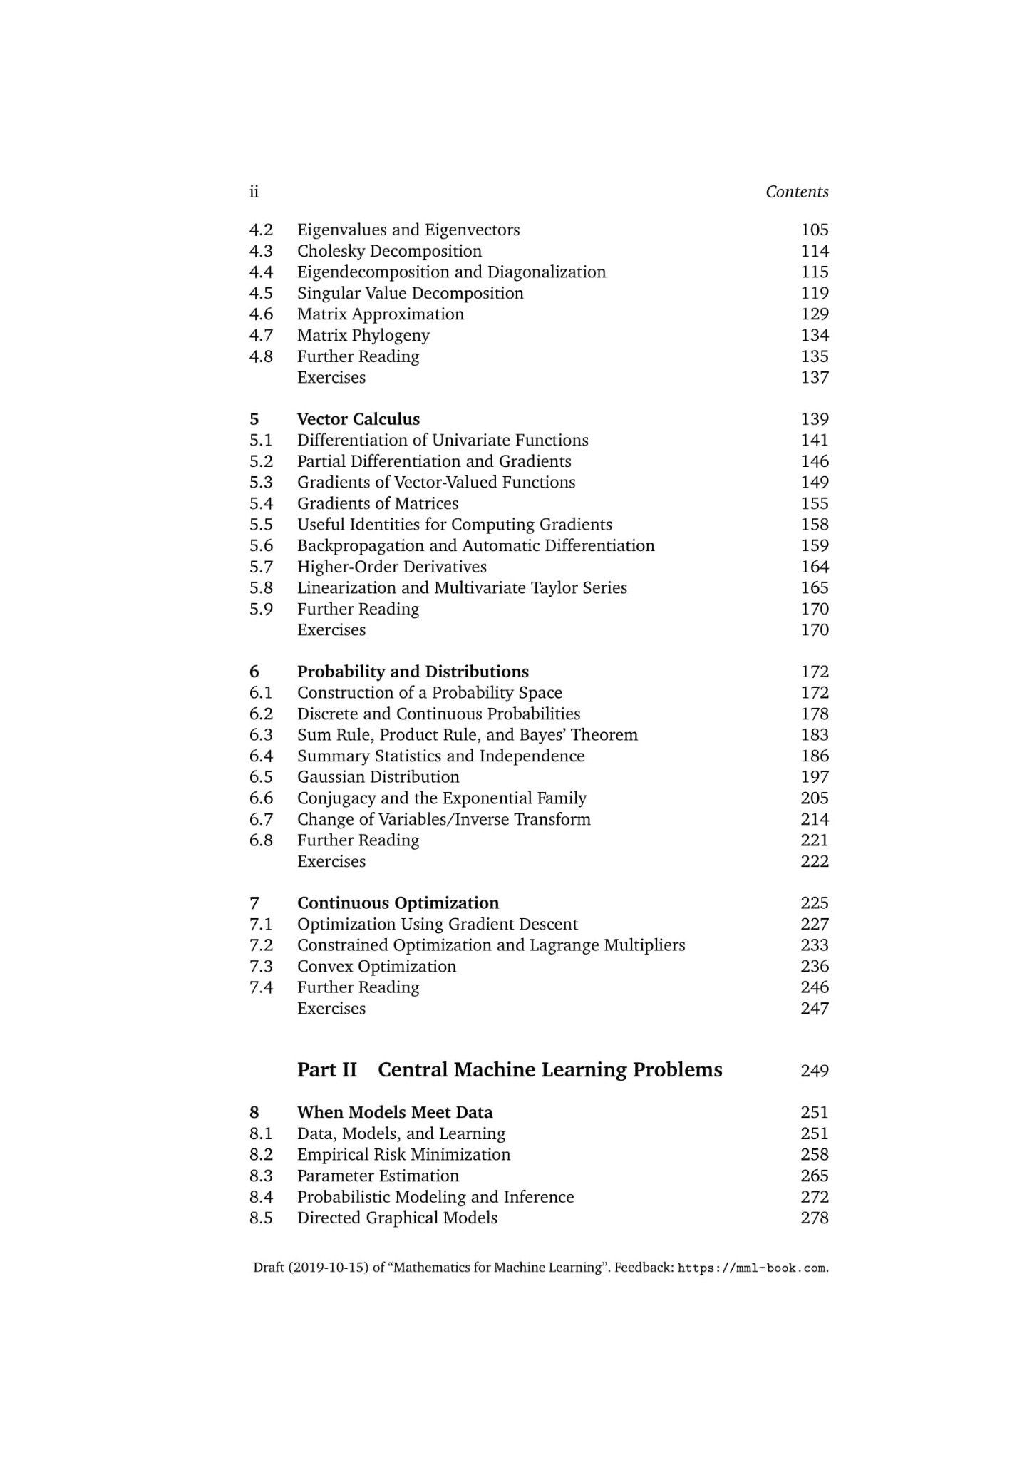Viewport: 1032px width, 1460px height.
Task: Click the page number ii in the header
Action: [254, 192]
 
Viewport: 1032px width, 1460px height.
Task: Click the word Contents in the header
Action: [797, 192]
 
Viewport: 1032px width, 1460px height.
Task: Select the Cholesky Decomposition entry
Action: [389, 251]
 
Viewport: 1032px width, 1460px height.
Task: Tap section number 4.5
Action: [261, 293]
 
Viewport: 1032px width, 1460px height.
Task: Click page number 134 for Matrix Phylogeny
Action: [814, 335]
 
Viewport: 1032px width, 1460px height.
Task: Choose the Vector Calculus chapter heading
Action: [358, 419]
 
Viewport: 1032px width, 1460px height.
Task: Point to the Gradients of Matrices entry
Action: [377, 503]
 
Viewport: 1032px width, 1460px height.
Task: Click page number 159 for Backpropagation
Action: [814, 545]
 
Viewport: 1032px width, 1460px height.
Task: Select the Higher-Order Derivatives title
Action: [391, 567]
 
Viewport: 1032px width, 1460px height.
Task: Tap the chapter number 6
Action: [254, 672]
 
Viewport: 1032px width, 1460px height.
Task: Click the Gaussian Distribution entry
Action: [378, 777]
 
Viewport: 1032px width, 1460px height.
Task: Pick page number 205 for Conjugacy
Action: [814, 798]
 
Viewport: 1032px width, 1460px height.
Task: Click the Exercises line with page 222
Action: [331, 861]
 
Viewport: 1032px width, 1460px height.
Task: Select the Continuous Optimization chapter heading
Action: [398, 903]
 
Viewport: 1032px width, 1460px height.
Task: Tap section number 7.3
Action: [261, 966]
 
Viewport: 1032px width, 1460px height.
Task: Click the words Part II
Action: [327, 1070]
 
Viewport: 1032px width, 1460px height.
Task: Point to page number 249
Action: [814, 1071]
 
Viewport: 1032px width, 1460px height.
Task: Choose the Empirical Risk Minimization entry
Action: [403, 1154]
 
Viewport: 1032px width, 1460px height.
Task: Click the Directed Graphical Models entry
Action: [397, 1218]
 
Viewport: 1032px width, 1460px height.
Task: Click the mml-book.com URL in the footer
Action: [752, 1268]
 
